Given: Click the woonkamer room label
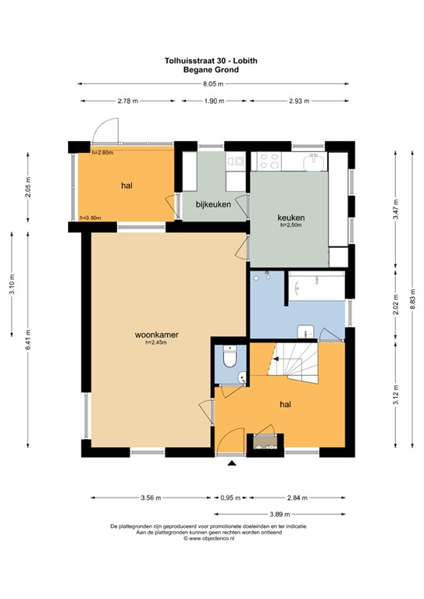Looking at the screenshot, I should (156, 335).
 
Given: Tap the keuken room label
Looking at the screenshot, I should (290, 217).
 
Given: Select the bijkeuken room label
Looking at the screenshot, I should (211, 204).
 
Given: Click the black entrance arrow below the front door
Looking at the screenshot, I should (231, 466).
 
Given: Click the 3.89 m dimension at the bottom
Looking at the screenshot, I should (279, 514).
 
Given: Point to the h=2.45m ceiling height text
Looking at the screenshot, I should (157, 343).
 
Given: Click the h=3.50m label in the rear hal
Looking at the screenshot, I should (91, 218).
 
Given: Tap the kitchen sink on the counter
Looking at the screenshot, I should (315, 161).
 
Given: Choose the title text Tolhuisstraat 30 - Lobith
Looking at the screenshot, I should (212, 59).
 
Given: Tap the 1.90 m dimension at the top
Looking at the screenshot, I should (212, 101).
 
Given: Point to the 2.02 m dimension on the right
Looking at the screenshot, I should (396, 300).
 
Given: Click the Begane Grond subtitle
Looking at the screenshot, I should (212, 69).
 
